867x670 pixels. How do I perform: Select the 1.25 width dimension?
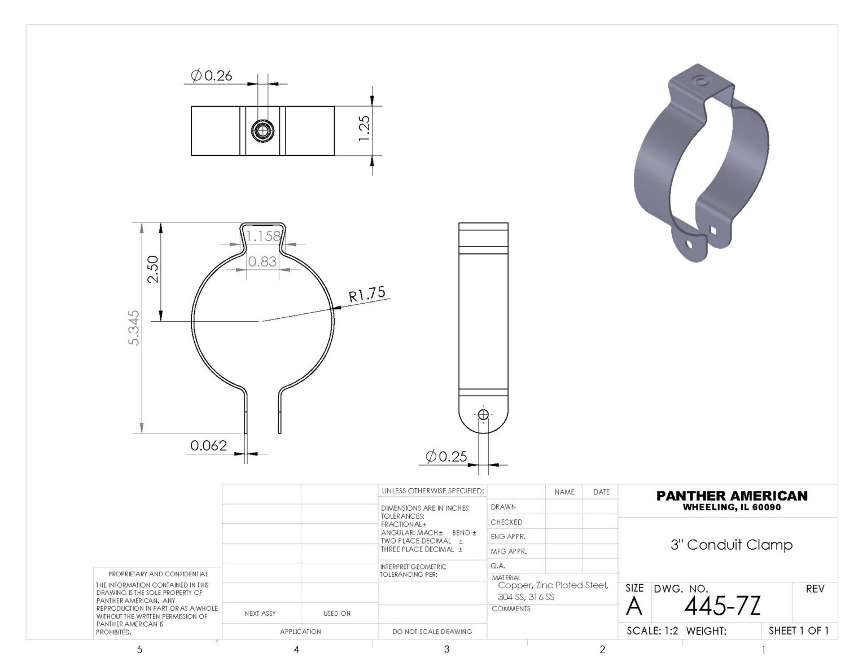(364, 129)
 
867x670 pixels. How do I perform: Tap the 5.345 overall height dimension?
(134, 328)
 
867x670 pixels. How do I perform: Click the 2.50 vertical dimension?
(153, 270)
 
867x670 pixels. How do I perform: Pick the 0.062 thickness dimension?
(208, 445)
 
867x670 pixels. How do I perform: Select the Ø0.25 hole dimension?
(446, 456)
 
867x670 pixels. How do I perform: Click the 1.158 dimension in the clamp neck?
(264, 236)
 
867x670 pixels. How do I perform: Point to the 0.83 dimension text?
(262, 261)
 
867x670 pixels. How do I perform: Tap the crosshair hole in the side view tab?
(483, 415)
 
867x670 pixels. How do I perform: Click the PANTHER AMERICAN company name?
(732, 496)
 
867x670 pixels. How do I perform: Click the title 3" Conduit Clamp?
(732, 545)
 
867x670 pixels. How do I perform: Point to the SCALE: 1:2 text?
(652, 631)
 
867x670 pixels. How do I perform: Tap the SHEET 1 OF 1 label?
(799, 630)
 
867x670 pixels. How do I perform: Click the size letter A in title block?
(634, 607)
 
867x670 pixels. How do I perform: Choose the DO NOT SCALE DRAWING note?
(432, 632)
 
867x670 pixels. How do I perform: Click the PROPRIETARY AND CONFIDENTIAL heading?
(158, 574)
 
